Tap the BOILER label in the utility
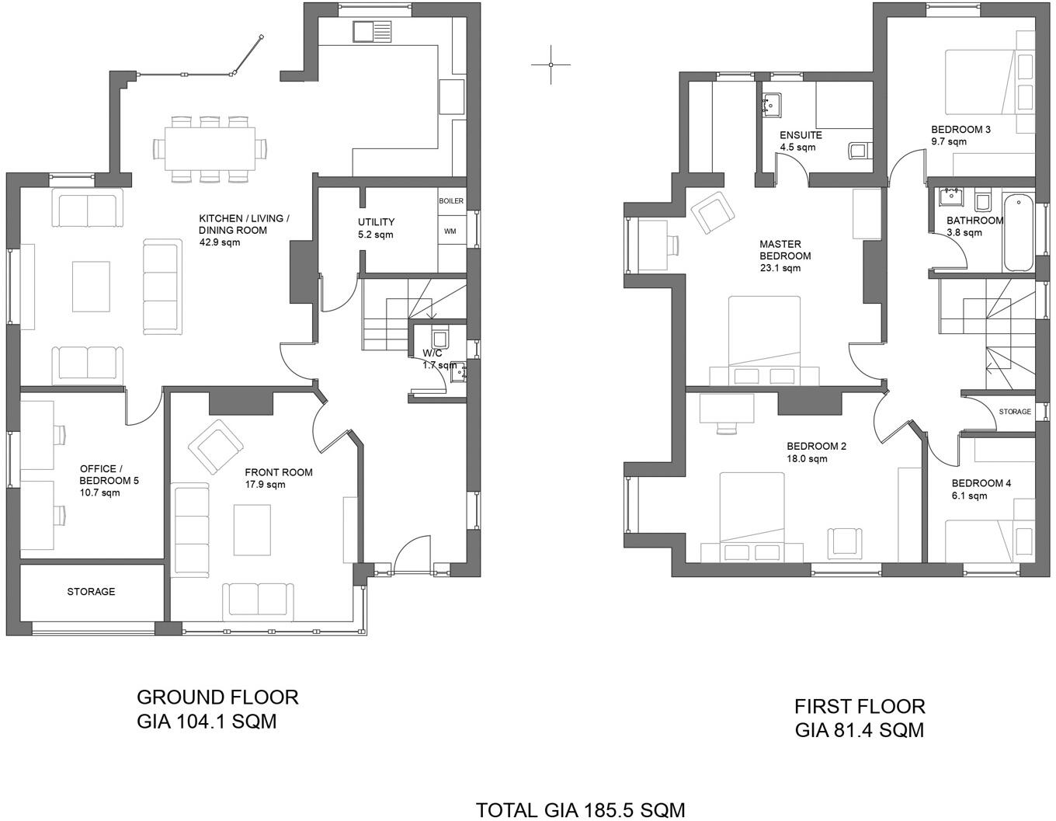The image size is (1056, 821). point(451,201)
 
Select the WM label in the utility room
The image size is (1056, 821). point(450,231)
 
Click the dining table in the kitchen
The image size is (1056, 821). point(209,148)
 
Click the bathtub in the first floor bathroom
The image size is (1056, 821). point(1017,233)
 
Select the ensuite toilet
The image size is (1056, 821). point(858,151)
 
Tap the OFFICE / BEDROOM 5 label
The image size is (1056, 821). point(109,475)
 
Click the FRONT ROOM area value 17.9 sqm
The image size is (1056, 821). point(265,485)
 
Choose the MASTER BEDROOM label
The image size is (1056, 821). point(785,250)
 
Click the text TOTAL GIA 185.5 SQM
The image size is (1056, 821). point(580,810)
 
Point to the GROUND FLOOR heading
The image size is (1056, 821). point(217,698)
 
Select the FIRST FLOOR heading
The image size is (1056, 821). point(860,706)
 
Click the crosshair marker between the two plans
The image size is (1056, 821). point(551,64)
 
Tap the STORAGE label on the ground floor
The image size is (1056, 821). point(91,592)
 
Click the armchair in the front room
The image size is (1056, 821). point(214,447)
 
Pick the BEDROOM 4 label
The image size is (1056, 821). point(981,483)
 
